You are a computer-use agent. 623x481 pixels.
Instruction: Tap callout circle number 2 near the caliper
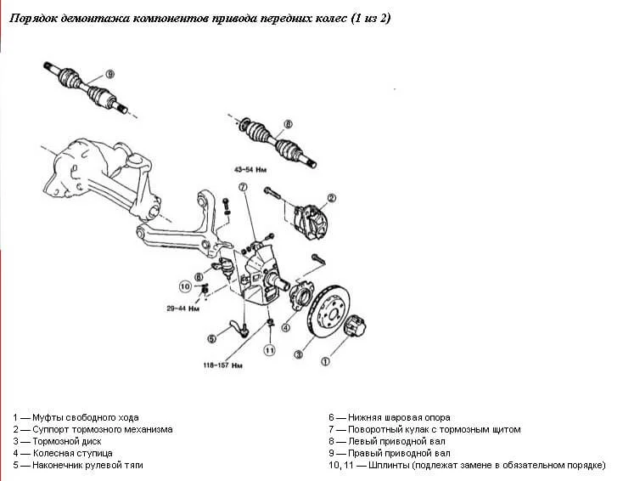pos(332,199)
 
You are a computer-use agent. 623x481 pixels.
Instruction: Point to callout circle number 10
pos(185,286)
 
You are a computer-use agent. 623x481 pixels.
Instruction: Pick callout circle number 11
pos(269,349)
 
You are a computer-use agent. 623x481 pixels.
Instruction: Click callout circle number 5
pos(211,339)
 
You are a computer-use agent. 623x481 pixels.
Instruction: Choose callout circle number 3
pos(298,355)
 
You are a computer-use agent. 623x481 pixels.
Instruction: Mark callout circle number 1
pos(323,360)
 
